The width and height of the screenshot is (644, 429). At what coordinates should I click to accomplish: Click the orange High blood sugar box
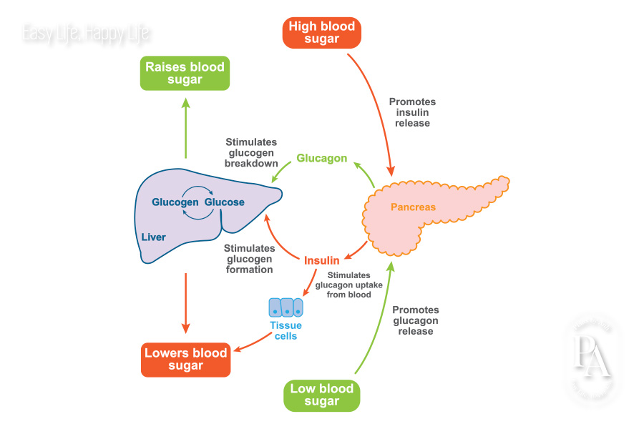[321, 32]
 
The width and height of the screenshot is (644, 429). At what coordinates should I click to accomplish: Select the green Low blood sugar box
[321, 395]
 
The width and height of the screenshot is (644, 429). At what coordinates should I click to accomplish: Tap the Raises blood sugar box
[185, 73]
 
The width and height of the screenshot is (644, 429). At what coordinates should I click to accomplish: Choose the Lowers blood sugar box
[185, 359]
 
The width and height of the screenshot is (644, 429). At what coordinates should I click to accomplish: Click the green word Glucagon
[321, 159]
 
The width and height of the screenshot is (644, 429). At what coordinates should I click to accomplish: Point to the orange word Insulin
[321, 260]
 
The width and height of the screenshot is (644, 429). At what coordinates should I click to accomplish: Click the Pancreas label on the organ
[412, 207]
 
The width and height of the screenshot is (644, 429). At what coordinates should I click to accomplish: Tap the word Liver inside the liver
[153, 237]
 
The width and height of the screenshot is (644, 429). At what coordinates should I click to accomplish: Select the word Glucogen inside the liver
[175, 202]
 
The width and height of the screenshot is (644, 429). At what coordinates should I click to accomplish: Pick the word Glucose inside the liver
[225, 202]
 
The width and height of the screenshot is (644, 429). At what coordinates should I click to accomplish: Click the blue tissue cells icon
[286, 307]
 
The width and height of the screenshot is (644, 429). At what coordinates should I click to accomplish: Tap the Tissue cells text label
[286, 330]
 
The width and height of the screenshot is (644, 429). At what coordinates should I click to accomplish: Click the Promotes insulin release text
[411, 112]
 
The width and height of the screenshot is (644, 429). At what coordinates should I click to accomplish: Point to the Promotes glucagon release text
[415, 320]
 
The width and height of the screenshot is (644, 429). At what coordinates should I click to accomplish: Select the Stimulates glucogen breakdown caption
[251, 153]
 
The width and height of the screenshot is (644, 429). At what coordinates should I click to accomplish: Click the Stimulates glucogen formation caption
[249, 259]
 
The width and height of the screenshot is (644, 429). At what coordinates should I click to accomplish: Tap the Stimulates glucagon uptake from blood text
[348, 285]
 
